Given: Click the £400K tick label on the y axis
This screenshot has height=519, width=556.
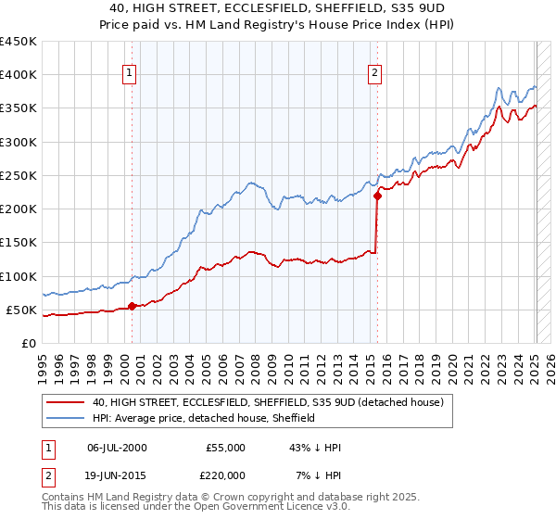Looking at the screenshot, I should pos(19,75).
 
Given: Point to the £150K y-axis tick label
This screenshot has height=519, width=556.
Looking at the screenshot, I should pos(19,243).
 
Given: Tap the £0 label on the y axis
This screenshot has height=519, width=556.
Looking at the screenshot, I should pos(30,344).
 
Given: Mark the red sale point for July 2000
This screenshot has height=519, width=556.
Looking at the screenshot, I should pos(132,306).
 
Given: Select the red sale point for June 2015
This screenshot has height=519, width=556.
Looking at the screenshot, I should pos(377,196).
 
